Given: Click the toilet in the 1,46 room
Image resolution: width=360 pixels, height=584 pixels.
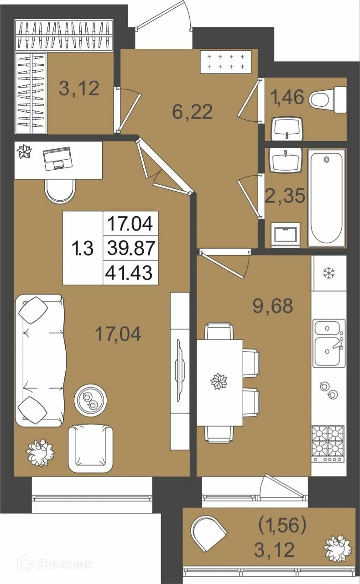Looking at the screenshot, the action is pyautogui.click(x=328, y=100).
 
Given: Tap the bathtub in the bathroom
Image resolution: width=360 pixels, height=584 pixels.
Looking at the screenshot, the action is pyautogui.click(x=327, y=198).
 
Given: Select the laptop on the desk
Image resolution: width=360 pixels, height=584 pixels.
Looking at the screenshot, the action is pyautogui.click(x=57, y=158).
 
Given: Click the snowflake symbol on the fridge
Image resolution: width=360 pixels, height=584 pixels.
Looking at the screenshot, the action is pyautogui.click(x=330, y=273).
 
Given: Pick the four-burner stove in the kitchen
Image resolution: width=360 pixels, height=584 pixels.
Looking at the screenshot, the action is pyautogui.click(x=329, y=444).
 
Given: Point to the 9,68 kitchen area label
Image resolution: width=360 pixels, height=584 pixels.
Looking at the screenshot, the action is pyautogui.click(x=273, y=306).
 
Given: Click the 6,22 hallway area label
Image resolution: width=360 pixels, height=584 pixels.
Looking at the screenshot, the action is pyautogui.click(x=192, y=111).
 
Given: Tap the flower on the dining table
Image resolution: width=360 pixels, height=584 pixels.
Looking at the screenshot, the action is pyautogui.click(x=219, y=382).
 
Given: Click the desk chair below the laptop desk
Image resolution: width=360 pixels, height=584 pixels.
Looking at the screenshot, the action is pyautogui.click(x=60, y=191).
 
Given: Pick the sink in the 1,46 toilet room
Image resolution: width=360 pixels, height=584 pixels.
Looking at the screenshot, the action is pyautogui.click(x=287, y=129).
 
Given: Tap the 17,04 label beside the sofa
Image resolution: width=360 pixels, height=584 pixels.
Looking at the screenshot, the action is pyautogui.click(x=118, y=334).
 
